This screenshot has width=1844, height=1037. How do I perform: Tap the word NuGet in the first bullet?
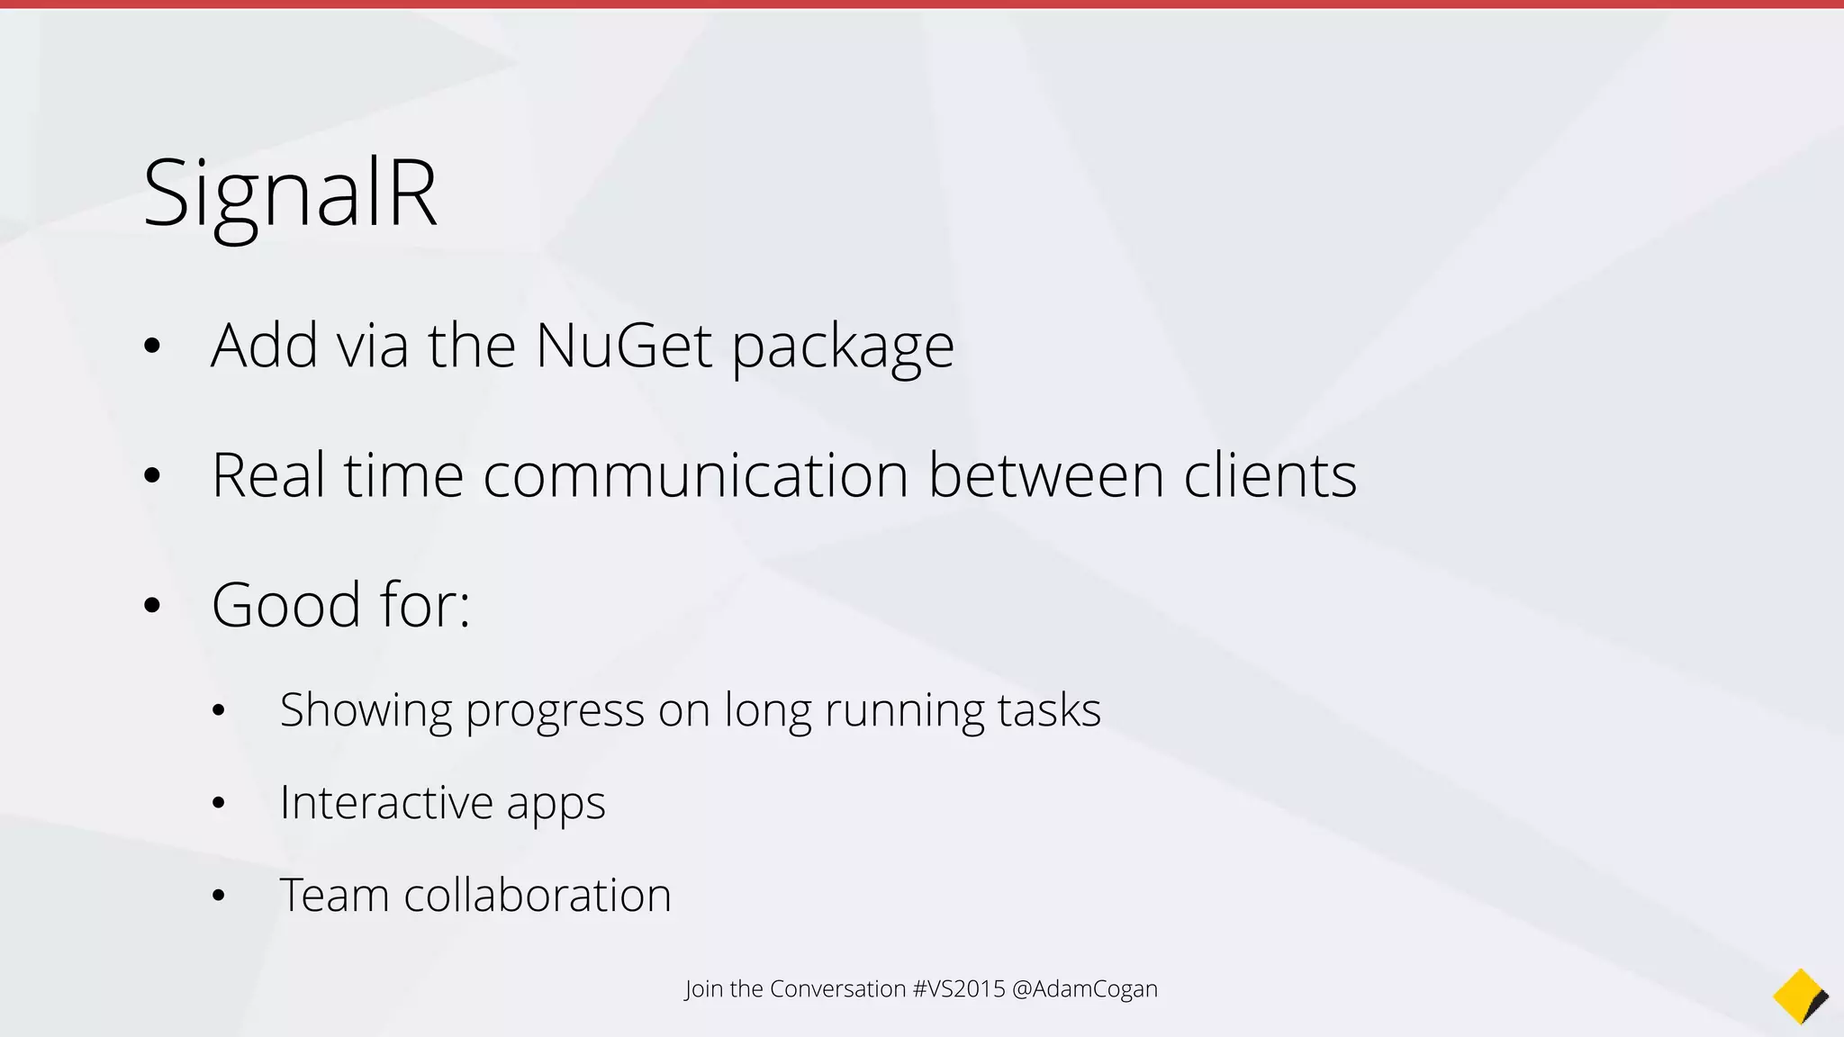(x=624, y=346)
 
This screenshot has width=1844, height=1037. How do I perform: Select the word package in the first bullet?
(x=843, y=347)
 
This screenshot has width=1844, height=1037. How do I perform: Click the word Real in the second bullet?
(x=267, y=475)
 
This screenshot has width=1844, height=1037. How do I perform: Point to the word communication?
(x=695, y=475)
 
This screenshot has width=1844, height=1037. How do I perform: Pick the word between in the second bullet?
(x=1045, y=475)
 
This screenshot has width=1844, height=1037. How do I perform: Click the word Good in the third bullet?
(x=286, y=605)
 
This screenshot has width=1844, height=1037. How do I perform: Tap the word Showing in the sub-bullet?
(x=366, y=711)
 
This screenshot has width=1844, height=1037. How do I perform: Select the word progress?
(x=555, y=711)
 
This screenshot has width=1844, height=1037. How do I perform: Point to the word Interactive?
(x=385, y=802)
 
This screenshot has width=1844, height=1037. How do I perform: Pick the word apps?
(x=556, y=804)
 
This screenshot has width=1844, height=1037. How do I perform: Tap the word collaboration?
(x=538, y=896)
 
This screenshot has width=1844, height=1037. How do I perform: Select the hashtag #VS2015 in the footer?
(x=958, y=988)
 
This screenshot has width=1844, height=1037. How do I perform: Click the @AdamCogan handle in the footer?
(x=1085, y=988)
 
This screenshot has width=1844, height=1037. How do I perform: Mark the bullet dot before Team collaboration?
(x=218, y=897)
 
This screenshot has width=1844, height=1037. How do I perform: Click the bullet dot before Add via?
(x=151, y=346)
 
